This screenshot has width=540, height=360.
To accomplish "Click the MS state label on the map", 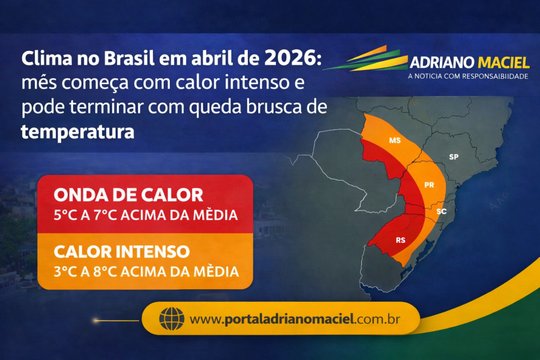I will click(x=394, y=141).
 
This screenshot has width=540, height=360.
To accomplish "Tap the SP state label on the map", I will click(x=454, y=157).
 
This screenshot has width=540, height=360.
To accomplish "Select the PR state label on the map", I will click(x=429, y=185).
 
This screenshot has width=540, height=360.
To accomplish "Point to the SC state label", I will click(x=441, y=212).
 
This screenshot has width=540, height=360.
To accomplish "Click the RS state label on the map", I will click(x=400, y=238).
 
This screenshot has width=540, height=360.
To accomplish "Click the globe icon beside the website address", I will click(x=172, y=318).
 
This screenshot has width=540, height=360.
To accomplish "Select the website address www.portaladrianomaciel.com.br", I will click(x=295, y=319).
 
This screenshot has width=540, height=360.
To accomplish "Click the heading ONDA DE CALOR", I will click(x=128, y=196).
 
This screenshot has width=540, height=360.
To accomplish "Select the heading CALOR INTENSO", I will click(x=122, y=251).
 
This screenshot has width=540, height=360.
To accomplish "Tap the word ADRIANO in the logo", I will click(x=442, y=63).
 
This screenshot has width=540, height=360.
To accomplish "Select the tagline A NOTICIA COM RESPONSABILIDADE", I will click(x=468, y=77).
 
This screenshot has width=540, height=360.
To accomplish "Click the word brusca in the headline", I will click(x=286, y=108).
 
